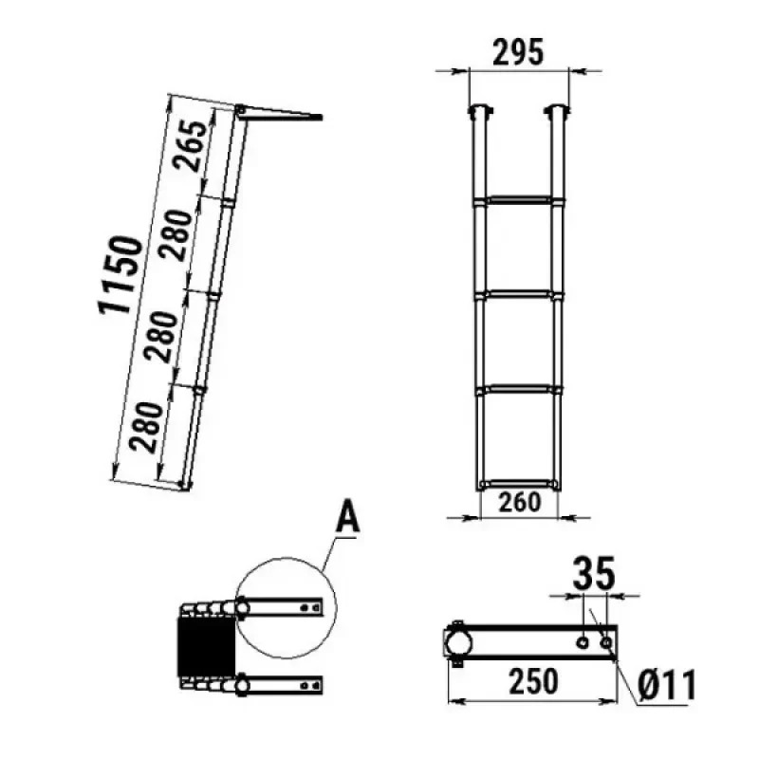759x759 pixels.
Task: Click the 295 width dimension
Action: click(518, 52)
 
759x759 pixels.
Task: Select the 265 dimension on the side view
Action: click(190, 146)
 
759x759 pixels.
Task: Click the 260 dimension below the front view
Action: click(519, 503)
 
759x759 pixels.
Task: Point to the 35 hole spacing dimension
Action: click(594, 573)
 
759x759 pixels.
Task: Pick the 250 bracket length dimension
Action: click(533, 681)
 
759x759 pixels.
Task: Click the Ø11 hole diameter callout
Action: click(667, 685)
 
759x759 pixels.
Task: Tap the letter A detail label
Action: click(348, 518)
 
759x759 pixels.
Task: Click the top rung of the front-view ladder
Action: click(520, 200)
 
